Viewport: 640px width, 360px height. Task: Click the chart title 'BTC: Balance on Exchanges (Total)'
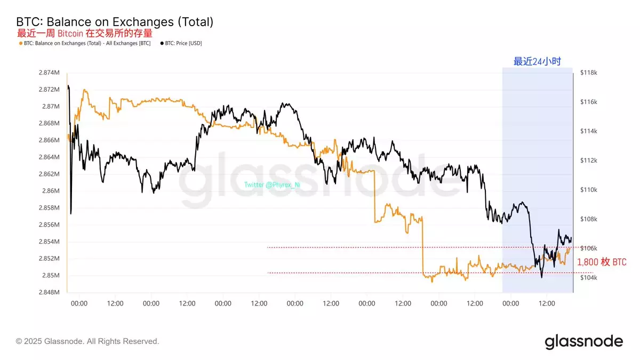[115, 22]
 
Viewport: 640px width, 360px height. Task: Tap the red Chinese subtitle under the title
[85, 33]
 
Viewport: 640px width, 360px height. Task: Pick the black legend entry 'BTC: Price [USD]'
[181, 43]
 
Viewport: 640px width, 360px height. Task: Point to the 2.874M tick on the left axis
[49, 72]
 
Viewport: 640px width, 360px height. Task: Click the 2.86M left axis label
[51, 190]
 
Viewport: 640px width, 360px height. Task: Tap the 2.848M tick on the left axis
[49, 292]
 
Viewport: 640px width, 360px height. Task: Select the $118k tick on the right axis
[589, 72]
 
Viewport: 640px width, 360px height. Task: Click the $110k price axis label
[589, 190]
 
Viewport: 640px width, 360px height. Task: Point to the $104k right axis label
[589, 278]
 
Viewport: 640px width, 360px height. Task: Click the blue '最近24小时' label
[537, 61]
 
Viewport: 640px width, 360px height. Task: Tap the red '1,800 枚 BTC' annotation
[602, 262]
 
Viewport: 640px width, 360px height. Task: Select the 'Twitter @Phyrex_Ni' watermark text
[272, 185]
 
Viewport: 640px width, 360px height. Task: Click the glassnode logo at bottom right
[583, 341]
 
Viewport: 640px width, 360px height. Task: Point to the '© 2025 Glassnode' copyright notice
[87, 341]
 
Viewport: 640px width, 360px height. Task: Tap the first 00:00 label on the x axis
[79, 303]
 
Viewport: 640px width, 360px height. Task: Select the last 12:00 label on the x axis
[547, 303]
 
